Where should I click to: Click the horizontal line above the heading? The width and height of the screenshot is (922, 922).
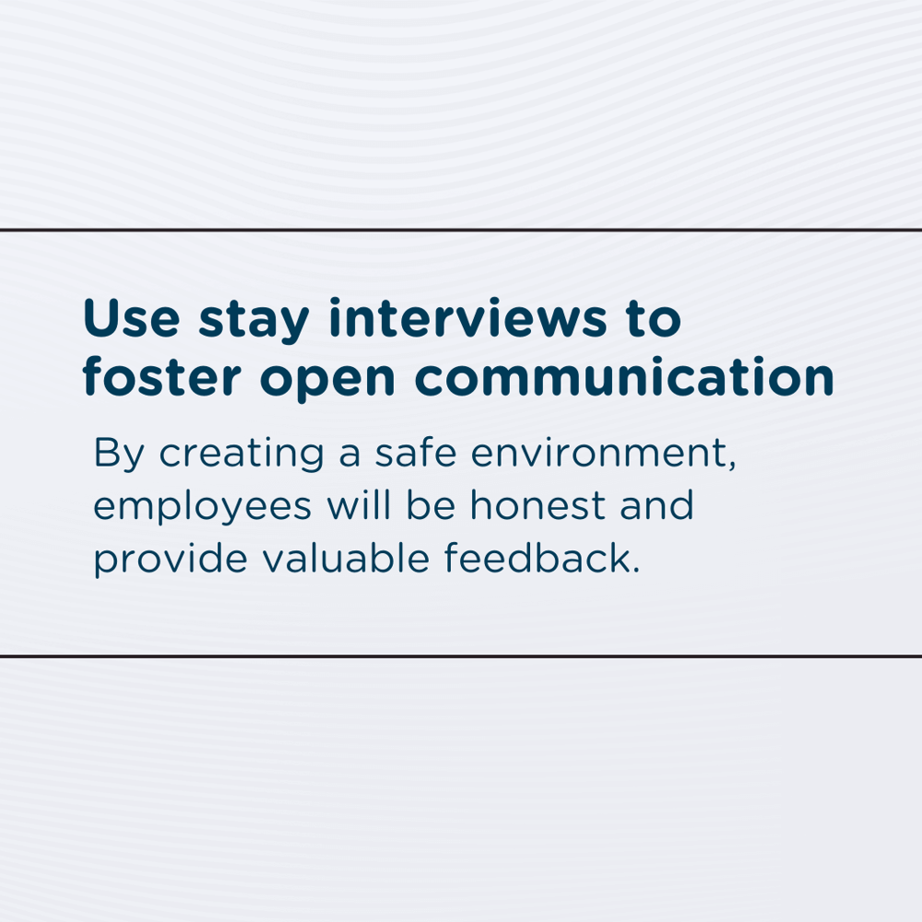[461, 229]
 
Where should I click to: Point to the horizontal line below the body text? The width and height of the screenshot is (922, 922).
[461, 656]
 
